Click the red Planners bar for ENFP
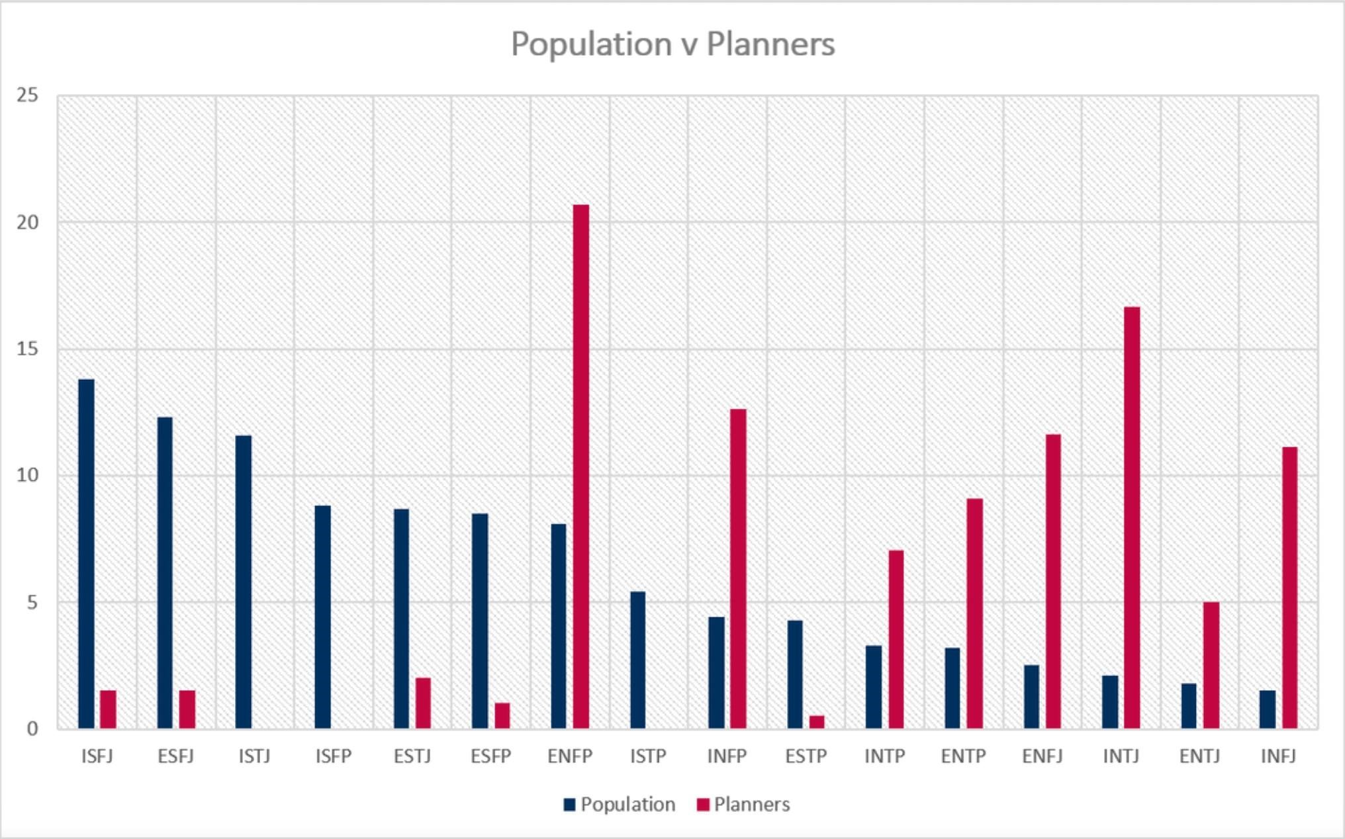(580, 466)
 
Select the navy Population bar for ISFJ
(86, 554)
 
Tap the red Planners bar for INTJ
(1132, 517)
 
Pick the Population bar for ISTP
(637, 660)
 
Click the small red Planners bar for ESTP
(817, 722)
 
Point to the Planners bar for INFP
(738, 568)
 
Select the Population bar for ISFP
(322, 617)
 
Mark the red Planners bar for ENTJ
(1211, 665)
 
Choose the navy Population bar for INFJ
(1267, 709)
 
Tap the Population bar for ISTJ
(244, 582)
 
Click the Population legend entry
(620, 805)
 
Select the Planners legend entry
(743, 805)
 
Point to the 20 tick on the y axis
(28, 222)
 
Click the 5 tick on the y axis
(32, 603)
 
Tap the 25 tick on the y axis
(28, 95)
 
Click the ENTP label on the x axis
(963, 756)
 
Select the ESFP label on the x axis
(490, 756)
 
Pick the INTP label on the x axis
(884, 756)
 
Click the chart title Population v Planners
(672, 44)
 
